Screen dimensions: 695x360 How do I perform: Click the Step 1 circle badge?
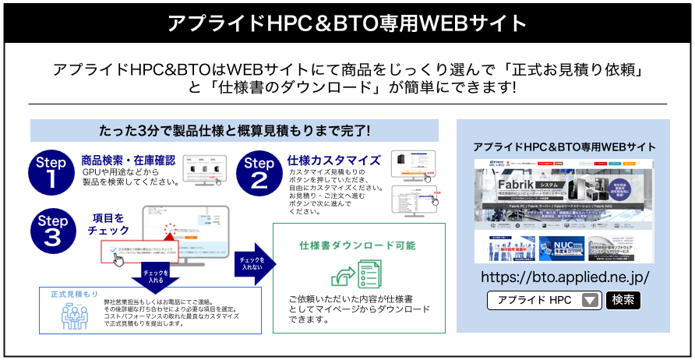coord(51,171)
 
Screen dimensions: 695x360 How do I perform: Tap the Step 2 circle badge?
coord(259,171)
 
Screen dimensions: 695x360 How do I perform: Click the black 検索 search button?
coord(623,300)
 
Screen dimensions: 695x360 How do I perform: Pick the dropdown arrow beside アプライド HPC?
coord(590,300)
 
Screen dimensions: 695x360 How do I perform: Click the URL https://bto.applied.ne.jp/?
coord(565,277)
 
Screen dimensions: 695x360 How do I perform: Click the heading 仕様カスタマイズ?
coord(333,161)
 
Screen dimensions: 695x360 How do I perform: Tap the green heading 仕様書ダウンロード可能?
coord(358,245)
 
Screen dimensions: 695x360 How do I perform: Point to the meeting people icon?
coord(76,315)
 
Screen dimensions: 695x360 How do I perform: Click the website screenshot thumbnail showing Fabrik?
coord(565,210)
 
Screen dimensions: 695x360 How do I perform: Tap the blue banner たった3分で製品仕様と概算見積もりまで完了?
coord(235,130)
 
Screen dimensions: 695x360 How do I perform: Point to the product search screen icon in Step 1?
coord(204,170)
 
